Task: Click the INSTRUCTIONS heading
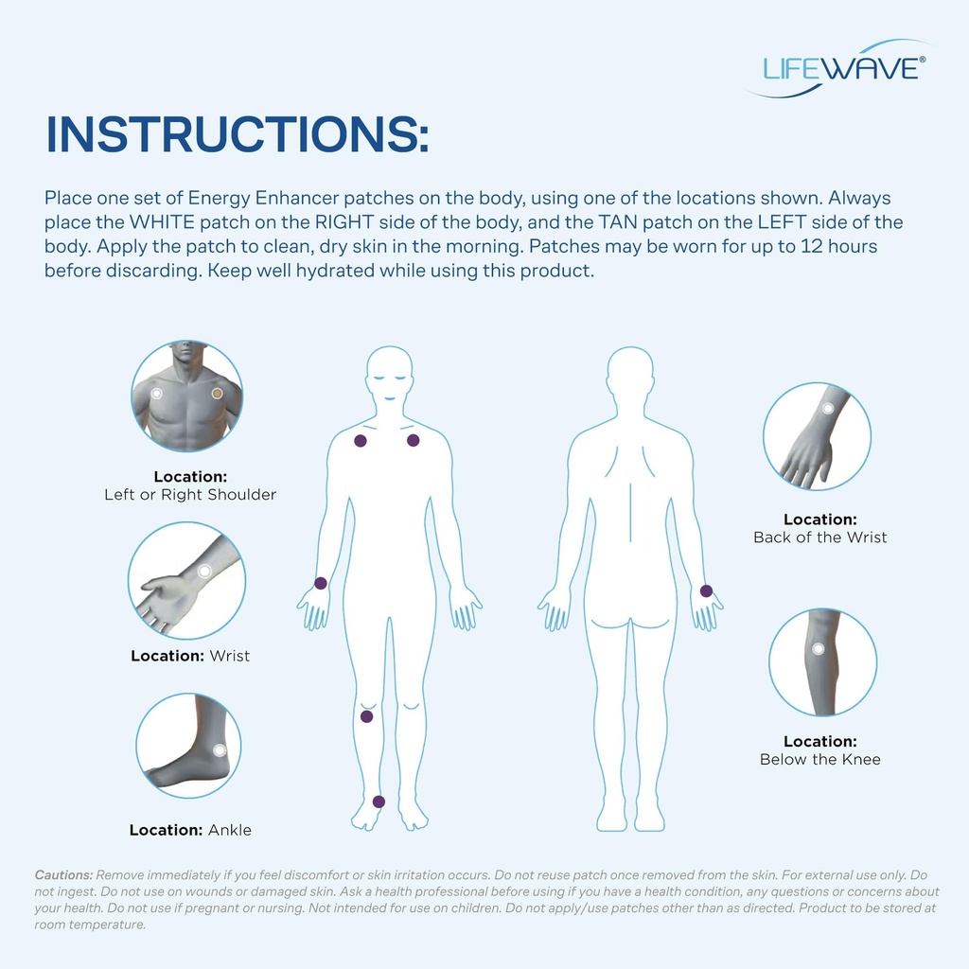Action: [238, 134]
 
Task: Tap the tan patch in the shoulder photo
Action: [218, 393]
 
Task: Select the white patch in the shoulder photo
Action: [157, 393]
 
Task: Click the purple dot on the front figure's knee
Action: [366, 716]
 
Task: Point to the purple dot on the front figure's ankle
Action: [379, 802]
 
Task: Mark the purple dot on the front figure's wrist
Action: [321, 583]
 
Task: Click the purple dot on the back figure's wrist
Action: [706, 590]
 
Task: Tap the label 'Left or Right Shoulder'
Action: [190, 495]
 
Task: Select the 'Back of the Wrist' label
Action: [819, 537]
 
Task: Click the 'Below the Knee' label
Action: [819, 759]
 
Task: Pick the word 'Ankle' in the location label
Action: [230, 830]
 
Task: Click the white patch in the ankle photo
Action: [220, 749]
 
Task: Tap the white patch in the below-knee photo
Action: [818, 649]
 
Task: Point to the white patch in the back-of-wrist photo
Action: [828, 409]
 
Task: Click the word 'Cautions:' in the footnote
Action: [63, 875]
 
